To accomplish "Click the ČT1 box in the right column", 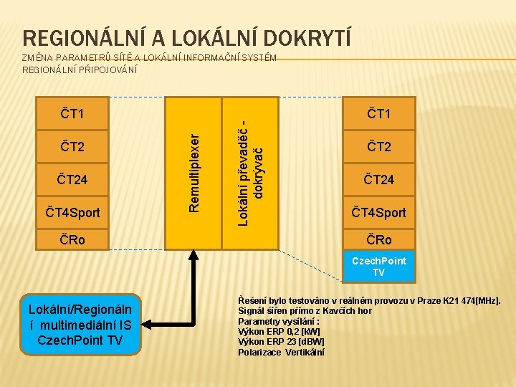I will (379, 113).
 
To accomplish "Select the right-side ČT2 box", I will (379, 147).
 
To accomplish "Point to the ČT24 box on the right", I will (379, 179).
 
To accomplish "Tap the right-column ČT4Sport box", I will (379, 212).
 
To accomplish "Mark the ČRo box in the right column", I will (379, 239).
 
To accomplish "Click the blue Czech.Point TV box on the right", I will (379, 267).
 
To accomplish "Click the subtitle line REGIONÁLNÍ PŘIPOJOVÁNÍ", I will (80, 70).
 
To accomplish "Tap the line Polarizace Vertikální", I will (281, 352).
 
